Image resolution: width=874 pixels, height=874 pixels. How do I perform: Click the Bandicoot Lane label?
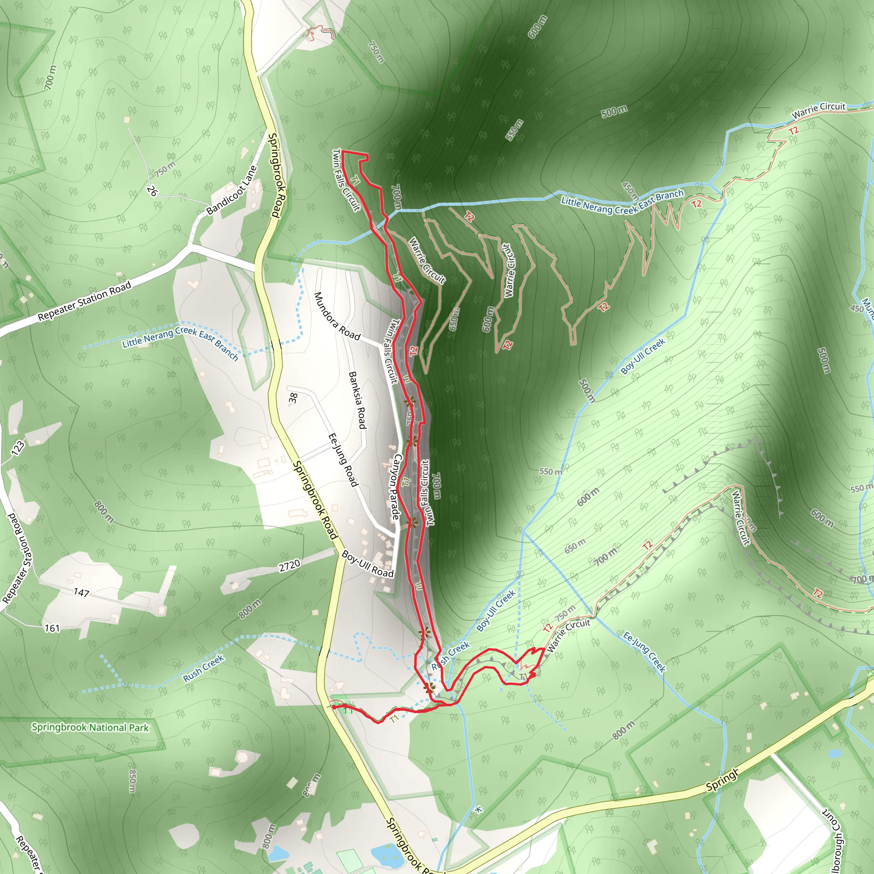tap(232, 191)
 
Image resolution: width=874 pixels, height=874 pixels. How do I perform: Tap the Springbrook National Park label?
tap(90, 728)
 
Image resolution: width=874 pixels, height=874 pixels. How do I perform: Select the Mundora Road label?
tap(337, 316)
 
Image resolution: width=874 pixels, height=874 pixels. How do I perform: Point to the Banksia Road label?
tap(357, 400)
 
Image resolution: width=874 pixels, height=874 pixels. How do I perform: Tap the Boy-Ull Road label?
tap(367, 564)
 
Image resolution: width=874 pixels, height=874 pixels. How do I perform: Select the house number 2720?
tap(289, 566)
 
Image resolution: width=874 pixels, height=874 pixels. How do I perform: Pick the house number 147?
tap(82, 592)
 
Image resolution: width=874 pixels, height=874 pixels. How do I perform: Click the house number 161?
tap(52, 628)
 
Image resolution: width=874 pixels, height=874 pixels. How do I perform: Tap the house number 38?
tap(293, 398)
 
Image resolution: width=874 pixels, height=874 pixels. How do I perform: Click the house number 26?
tap(152, 191)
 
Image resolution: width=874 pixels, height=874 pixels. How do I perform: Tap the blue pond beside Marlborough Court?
tap(835, 754)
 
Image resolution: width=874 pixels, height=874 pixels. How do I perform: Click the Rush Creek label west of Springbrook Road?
tap(204, 669)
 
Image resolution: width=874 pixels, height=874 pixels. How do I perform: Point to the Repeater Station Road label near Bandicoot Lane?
tap(84, 301)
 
